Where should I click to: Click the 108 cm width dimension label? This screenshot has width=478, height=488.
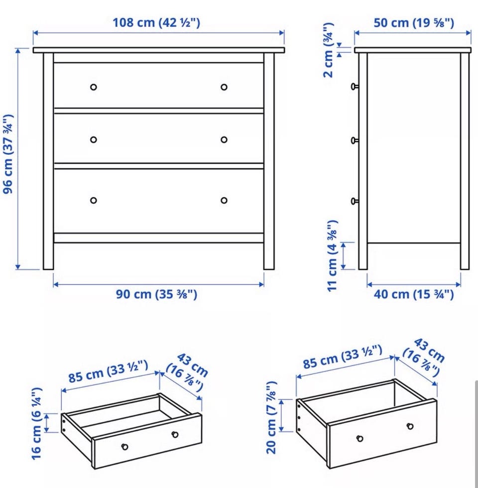tap(156, 23)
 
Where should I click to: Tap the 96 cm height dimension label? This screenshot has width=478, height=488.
tap(8, 154)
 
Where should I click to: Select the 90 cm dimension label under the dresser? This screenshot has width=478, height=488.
tap(156, 294)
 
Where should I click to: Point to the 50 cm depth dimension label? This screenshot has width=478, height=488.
tap(414, 23)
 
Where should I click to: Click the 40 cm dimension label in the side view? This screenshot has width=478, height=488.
tap(414, 294)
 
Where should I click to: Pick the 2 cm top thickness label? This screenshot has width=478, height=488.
tap(329, 50)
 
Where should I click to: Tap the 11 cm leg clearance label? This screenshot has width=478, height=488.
tap(333, 256)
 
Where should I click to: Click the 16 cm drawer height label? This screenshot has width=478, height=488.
tap(37, 424)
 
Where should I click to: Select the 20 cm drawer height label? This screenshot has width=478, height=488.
tap(271, 417)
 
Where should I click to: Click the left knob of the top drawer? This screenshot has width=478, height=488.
tap(94, 87)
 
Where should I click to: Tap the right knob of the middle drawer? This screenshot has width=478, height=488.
tap(224, 140)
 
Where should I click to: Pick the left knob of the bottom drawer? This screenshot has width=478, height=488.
tap(94, 200)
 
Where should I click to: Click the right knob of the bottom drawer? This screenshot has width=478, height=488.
tap(224, 200)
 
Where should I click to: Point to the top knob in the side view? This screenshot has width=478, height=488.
tap(355, 87)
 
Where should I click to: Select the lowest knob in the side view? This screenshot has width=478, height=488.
tap(355, 201)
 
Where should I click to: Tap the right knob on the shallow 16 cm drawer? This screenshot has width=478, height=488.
tap(175, 434)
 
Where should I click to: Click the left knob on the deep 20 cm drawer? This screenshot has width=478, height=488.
tap(359, 439)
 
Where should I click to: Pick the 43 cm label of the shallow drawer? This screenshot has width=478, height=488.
tap(187, 372)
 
